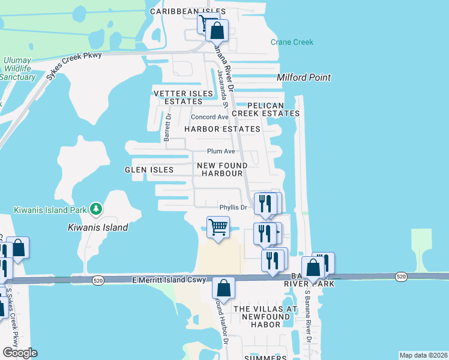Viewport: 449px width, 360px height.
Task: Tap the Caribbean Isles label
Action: coord(188,11)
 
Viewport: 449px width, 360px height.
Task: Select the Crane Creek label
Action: coord(292,42)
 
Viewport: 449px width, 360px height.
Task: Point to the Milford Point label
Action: coord(304,78)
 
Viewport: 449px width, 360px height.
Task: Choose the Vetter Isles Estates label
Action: coord(184,97)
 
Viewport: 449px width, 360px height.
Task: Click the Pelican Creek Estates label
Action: coord(265,109)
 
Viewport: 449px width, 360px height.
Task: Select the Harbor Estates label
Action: coord(222,129)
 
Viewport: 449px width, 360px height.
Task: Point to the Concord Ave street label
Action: coord(209,117)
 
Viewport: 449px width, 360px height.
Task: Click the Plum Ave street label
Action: coord(221,151)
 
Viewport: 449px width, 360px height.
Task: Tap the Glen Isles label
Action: coord(149,170)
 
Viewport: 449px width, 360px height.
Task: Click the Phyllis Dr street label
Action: coord(234,208)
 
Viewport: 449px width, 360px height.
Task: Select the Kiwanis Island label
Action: coord(98,227)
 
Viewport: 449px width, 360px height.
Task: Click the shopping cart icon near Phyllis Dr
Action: coord(218,227)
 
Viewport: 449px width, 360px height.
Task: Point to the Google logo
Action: coord(19,353)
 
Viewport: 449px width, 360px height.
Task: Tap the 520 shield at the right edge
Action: coord(402,276)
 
